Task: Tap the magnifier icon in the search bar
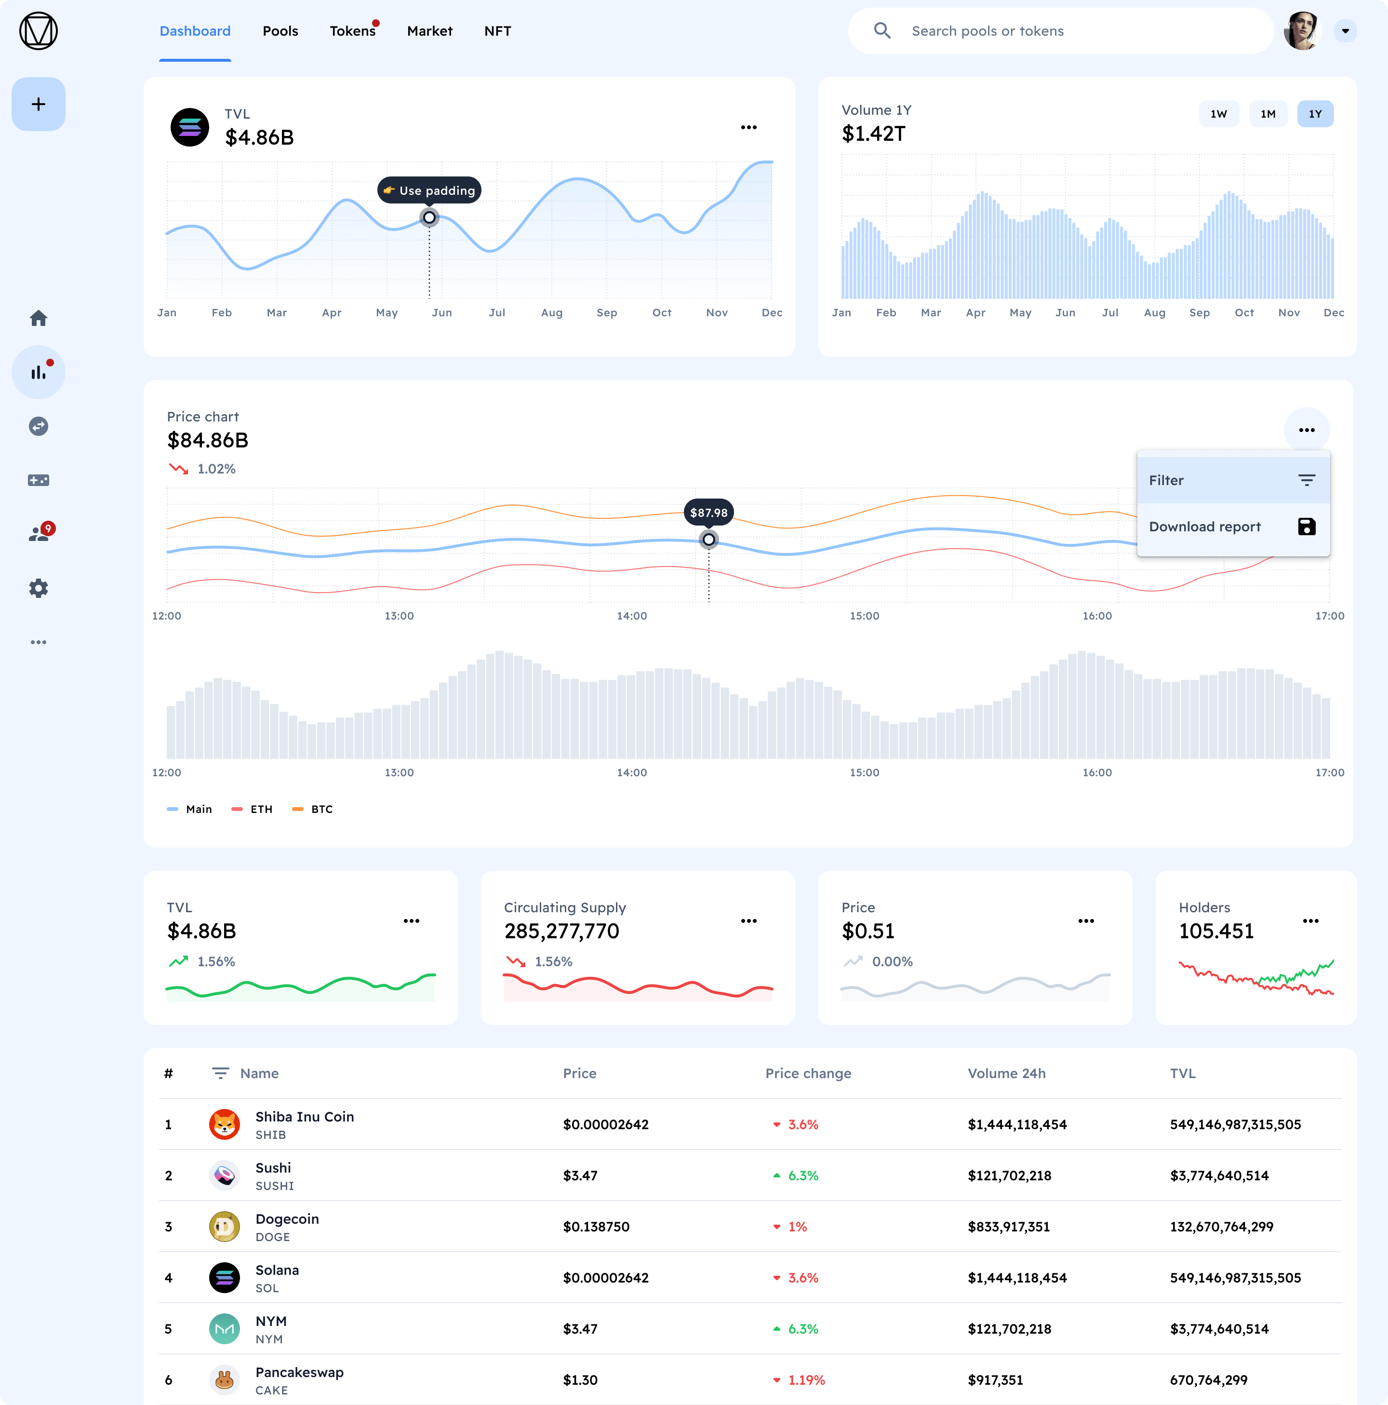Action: pyautogui.click(x=882, y=30)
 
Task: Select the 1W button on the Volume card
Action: pyautogui.click(x=1218, y=114)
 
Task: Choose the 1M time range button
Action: pyautogui.click(x=1268, y=114)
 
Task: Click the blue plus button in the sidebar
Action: pyautogui.click(x=39, y=104)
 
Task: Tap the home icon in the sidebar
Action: pyautogui.click(x=39, y=318)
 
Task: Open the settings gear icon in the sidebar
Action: pyautogui.click(x=39, y=588)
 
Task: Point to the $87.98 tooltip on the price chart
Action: pyautogui.click(x=708, y=513)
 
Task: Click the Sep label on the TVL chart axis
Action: pyautogui.click(x=606, y=313)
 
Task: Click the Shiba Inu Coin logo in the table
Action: pyautogui.click(x=225, y=1124)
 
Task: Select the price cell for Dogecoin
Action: pyautogui.click(x=596, y=1227)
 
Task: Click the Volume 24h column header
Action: pyautogui.click(x=1006, y=1073)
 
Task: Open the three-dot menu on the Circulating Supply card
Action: pyautogui.click(x=748, y=920)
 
